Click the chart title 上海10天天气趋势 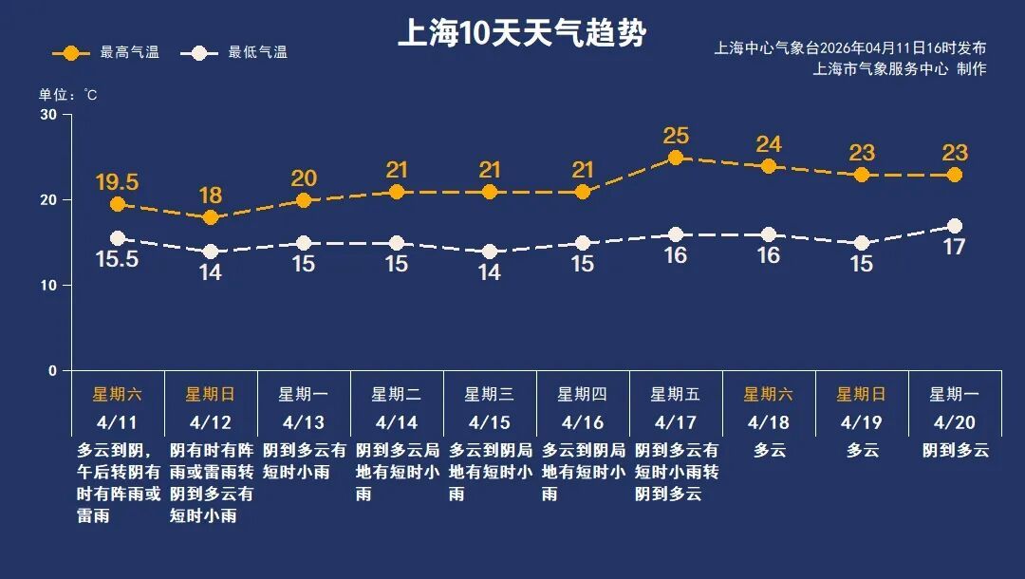521,34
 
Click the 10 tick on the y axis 47,286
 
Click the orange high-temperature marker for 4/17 676,158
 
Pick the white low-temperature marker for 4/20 955,226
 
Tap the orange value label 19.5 117,181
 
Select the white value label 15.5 117,259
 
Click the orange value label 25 676,136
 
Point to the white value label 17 955,247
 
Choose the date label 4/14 396,422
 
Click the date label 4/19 862,422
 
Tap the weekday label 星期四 582,394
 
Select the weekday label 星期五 675,394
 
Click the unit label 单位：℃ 67,95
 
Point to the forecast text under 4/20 955,451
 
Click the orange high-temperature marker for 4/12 210,217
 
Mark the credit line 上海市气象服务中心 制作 900,69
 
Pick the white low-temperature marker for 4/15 490,252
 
